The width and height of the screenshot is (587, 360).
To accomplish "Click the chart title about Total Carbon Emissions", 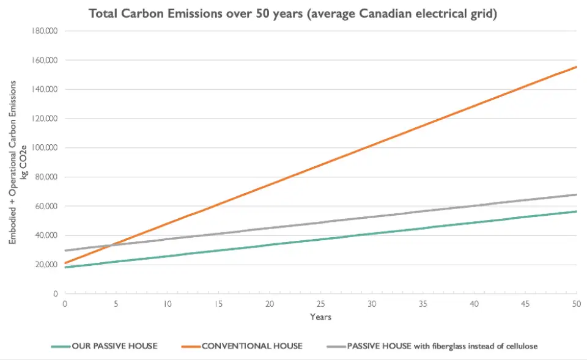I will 293,13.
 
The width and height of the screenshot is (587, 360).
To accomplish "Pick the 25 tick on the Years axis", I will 320,304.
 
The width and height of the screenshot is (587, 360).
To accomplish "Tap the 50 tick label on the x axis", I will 576,304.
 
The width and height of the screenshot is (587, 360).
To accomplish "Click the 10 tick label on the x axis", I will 167,304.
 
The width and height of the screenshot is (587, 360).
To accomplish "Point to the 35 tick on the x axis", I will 423,304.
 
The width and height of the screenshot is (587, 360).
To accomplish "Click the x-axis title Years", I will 320,317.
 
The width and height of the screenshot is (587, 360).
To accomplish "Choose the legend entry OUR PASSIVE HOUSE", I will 114,346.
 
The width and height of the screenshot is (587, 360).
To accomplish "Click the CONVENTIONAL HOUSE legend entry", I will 252,346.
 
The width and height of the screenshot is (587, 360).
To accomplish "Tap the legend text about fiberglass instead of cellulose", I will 442,346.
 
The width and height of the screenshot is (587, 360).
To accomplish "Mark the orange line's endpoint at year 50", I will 576,67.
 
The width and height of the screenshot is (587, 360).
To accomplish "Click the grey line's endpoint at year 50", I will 576,194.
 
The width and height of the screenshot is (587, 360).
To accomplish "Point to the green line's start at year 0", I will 65,267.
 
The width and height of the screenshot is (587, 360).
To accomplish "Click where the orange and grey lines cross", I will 110,245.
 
